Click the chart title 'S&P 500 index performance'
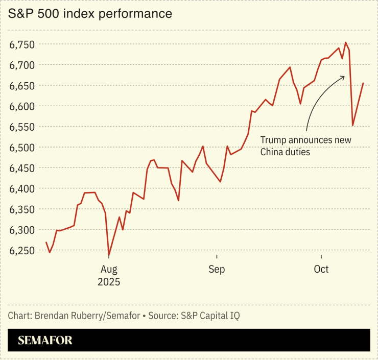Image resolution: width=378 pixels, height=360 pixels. (x=89, y=14)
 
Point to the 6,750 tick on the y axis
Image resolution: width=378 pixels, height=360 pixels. (x=22, y=44)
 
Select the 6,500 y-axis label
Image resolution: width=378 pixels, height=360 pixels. (x=22, y=148)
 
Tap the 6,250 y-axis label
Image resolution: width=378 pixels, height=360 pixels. (x=22, y=251)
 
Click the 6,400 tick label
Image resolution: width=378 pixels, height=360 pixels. (x=22, y=189)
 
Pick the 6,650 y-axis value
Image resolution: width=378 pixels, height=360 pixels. (x=22, y=86)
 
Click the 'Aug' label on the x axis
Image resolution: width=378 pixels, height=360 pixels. (x=109, y=269)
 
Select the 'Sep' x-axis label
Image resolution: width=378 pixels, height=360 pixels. (x=217, y=269)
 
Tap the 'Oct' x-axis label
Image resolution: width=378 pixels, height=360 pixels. (x=321, y=269)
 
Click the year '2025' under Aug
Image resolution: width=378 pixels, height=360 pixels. (x=109, y=281)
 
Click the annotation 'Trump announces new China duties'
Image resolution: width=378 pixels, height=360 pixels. (x=305, y=146)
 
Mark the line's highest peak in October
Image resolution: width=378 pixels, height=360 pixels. (x=346, y=42)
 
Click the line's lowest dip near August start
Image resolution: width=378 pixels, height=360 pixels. (x=109, y=256)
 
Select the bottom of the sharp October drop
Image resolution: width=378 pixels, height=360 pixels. (x=352, y=125)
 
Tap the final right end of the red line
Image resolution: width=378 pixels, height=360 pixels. (x=363, y=83)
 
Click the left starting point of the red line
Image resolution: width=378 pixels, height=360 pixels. (x=46, y=242)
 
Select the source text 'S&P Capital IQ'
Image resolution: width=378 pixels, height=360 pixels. (x=209, y=316)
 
